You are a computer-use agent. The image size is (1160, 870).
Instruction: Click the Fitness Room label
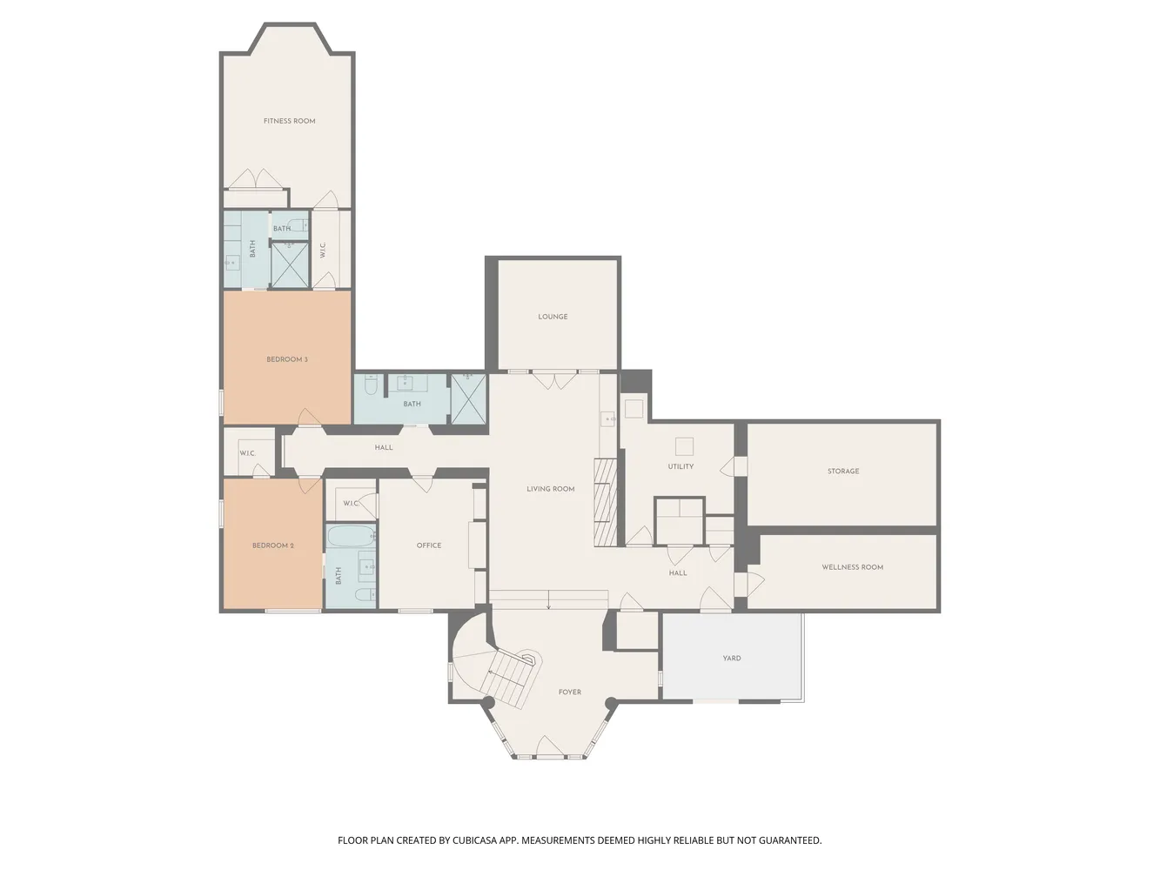[289, 121]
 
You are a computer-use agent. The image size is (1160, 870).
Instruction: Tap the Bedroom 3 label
[287, 359]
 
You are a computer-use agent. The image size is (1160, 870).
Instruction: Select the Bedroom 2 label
[272, 545]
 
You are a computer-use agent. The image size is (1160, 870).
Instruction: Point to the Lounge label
[553, 317]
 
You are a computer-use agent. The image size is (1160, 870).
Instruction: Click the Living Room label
[551, 489]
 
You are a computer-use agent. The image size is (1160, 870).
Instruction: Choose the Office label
[429, 545]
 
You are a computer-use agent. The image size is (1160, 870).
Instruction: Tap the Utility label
[681, 467]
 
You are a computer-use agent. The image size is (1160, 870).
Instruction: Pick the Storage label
[843, 472]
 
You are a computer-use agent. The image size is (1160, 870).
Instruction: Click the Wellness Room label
[853, 567]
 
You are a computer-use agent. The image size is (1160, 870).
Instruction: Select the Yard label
[732, 659]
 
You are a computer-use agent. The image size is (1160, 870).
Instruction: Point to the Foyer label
[570, 692]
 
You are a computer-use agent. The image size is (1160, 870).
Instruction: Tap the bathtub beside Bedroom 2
[351, 537]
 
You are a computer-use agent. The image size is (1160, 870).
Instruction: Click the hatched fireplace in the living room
[606, 502]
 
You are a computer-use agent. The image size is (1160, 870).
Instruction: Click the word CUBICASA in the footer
[474, 840]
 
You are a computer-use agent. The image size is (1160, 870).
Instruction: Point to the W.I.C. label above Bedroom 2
[247, 454]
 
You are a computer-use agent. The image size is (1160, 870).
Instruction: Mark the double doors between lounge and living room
[553, 380]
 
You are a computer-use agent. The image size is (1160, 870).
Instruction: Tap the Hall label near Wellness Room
[678, 573]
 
